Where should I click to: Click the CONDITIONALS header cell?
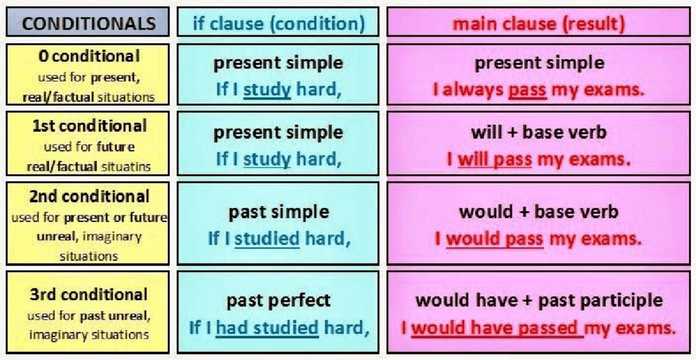[x=89, y=23]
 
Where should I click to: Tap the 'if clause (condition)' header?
[x=278, y=23]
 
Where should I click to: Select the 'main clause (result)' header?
[x=538, y=23]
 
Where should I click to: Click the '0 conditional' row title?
[x=89, y=57]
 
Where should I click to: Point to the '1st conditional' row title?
[x=89, y=126]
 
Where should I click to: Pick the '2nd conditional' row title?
[x=89, y=196]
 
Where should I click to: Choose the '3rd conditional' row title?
[x=89, y=295]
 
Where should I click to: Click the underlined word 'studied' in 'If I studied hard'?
[x=267, y=239]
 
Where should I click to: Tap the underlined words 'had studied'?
[x=267, y=327]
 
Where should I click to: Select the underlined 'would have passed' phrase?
[x=494, y=328]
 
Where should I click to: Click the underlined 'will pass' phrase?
[x=494, y=159]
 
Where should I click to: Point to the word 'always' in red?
[x=474, y=90]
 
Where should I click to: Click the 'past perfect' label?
[x=278, y=300]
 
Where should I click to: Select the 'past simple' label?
[x=278, y=212]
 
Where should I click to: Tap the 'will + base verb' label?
[x=538, y=132]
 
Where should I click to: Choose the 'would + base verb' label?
[x=538, y=212]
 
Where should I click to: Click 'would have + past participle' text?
[x=538, y=300]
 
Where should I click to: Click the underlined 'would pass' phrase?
[x=494, y=239]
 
